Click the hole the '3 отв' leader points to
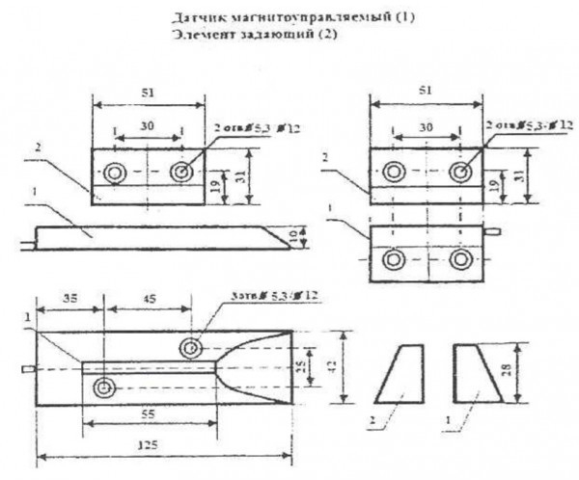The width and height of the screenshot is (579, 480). pos(193,346)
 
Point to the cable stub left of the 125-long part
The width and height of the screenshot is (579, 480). pos(27,369)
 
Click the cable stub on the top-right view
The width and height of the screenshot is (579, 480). pos(494,232)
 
